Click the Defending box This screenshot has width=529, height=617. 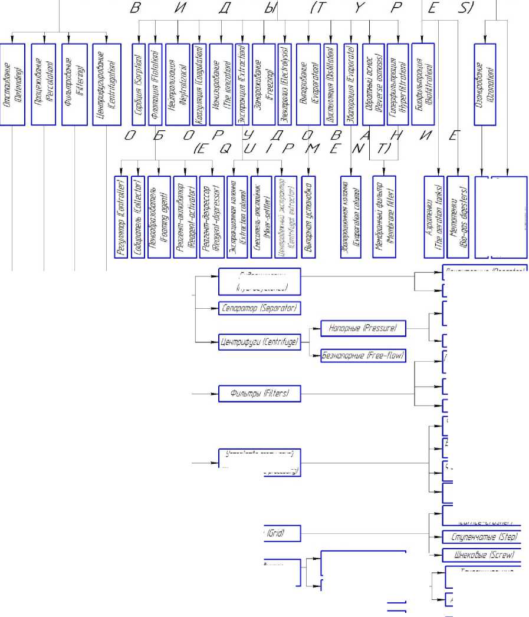coord(14,83)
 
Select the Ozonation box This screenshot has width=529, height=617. coord(484,83)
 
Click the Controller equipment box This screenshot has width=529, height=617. coord(120,216)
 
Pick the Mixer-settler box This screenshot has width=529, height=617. coord(260,216)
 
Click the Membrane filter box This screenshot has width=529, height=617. coord(383,216)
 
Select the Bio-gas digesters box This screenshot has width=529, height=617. coord(458,216)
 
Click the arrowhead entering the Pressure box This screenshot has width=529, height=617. coord(317,328)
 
